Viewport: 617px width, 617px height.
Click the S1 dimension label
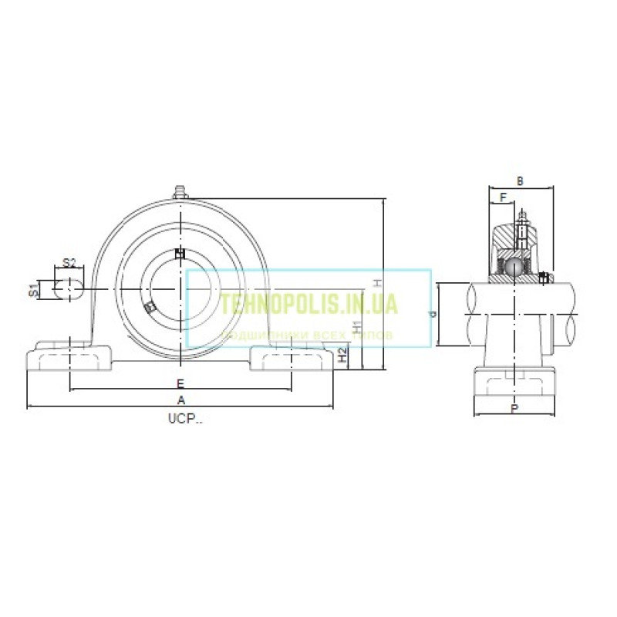[x=33, y=289]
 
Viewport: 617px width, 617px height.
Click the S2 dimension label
[x=69, y=263]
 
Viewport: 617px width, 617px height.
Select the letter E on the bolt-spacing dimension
[x=180, y=383]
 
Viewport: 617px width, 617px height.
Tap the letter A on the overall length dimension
[x=181, y=400]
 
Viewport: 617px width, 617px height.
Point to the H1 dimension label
[x=356, y=326]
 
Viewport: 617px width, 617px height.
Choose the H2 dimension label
[x=342, y=356]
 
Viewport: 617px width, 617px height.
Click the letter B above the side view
[x=520, y=181]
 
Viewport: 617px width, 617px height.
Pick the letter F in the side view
[x=503, y=197]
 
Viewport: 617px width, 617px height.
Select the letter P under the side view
[x=514, y=409]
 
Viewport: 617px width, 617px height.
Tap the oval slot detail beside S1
[x=69, y=289]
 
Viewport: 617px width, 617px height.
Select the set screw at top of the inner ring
[x=180, y=254]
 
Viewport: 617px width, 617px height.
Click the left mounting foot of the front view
[x=70, y=359]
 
